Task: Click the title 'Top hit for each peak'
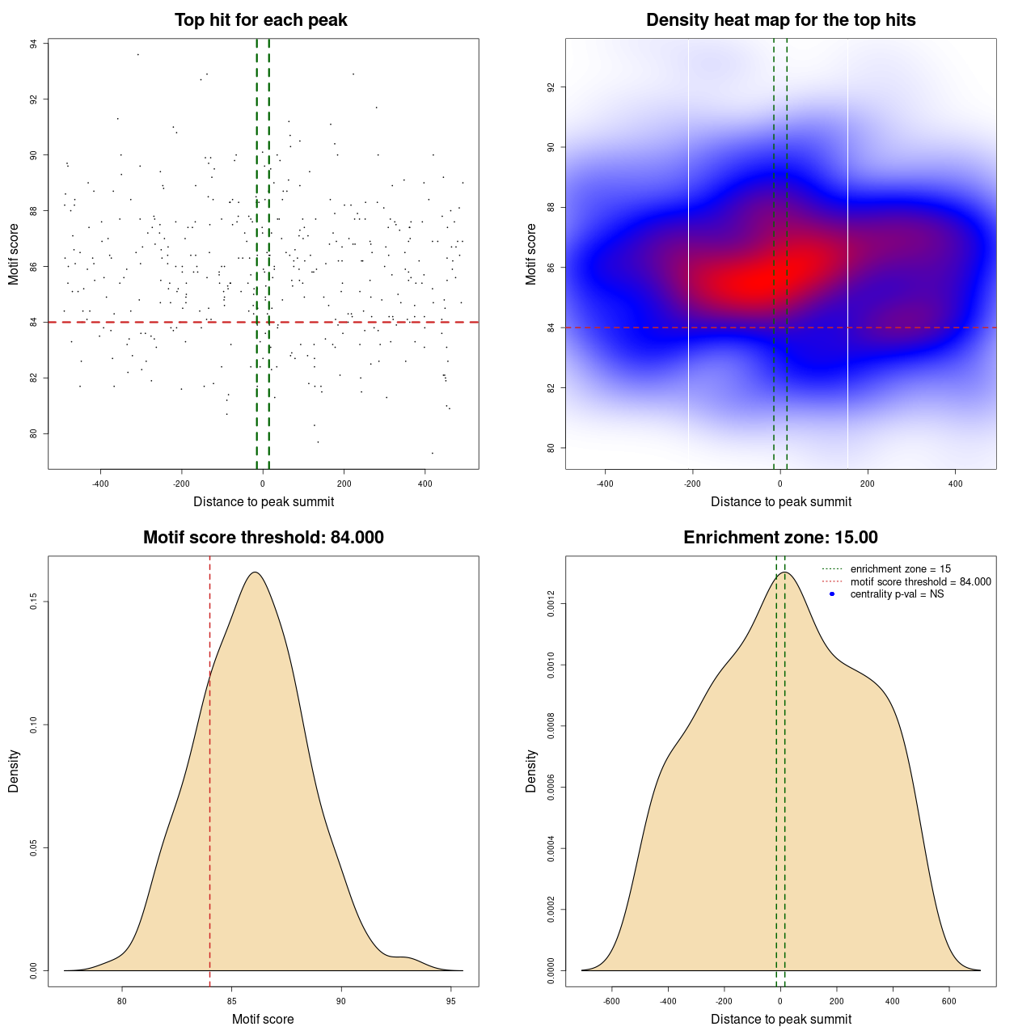coord(260,20)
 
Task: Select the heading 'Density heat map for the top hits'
coord(780,20)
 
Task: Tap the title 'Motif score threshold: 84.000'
coord(263,538)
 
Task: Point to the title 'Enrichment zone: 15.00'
coord(780,538)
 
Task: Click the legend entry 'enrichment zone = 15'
coord(900,569)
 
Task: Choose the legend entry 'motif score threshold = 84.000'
coord(920,582)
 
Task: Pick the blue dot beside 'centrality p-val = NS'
coord(832,594)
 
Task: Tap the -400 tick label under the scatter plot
coord(100,484)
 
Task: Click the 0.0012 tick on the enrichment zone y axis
coord(551,604)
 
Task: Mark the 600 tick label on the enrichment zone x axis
coord(948,1001)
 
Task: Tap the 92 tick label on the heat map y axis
coord(551,87)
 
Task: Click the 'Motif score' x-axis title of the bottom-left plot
coord(263,1020)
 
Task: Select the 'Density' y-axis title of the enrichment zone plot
coord(531,771)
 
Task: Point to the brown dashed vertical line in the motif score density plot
coord(210,768)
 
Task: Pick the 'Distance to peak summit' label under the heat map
coord(780,502)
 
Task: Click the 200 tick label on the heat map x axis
coord(868,484)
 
